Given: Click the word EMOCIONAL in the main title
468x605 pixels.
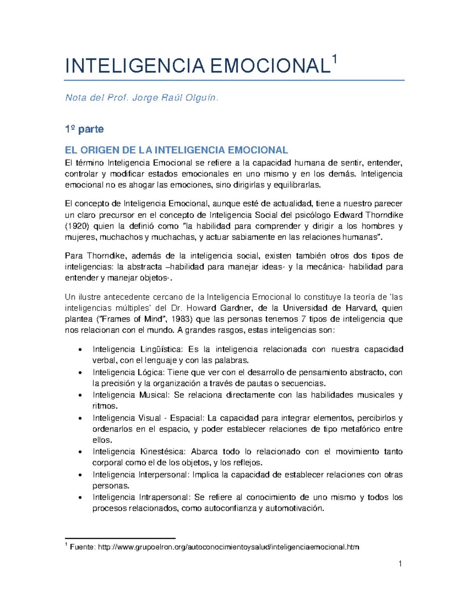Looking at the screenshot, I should click(269, 66).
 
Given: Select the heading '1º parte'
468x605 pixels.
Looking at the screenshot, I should click(84, 129).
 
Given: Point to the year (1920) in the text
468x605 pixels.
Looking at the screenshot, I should click(77, 226).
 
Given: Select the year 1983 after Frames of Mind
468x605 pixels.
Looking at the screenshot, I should click(182, 319).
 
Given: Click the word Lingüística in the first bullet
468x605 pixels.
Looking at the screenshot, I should click(161, 349).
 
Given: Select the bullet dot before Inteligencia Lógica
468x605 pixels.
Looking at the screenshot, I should click(80, 373).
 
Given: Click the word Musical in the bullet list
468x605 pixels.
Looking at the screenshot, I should click(154, 395).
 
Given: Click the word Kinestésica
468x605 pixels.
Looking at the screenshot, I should click(162, 452).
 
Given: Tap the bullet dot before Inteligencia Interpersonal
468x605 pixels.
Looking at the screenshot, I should click(80, 475).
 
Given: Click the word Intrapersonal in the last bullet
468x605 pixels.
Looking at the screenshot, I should click(164, 497).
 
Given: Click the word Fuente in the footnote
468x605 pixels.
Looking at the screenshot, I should click(82, 547).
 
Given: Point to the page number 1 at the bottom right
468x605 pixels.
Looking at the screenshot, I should click(400, 564).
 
